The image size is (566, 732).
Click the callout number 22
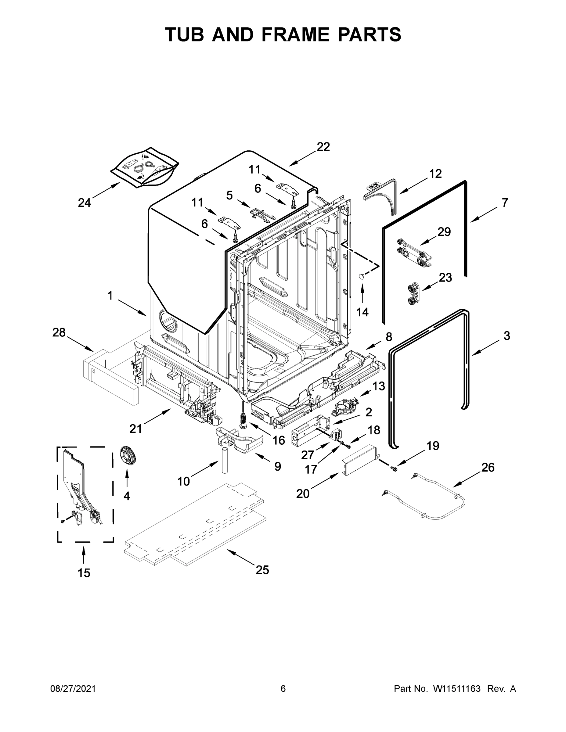323,146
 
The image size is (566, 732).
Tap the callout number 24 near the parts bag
84,203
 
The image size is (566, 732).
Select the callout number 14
362,312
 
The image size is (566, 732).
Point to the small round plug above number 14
362,276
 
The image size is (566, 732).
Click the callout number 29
444,231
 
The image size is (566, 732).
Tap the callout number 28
59,332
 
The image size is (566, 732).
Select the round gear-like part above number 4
128,457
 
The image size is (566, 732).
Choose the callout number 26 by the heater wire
488,467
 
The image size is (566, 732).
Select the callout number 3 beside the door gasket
507,335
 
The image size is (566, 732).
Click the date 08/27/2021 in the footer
73,688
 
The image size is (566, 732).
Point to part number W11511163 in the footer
457,688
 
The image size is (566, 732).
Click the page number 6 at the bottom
283,688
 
